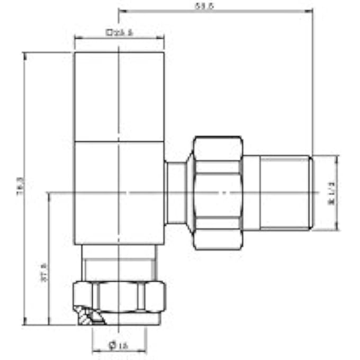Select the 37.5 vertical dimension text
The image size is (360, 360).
(44, 273)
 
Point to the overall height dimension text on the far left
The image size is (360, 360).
(20, 188)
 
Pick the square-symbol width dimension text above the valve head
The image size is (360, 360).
(119, 32)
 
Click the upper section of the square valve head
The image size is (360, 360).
(119, 96)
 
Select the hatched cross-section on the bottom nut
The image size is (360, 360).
(87, 316)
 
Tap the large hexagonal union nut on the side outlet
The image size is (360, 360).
(218, 193)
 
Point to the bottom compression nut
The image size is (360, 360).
(119, 296)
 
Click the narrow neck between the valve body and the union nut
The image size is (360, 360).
(176, 193)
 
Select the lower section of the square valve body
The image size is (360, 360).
(119, 193)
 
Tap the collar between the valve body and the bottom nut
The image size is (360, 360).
(119, 263)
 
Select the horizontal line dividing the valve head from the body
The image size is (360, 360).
(119, 142)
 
